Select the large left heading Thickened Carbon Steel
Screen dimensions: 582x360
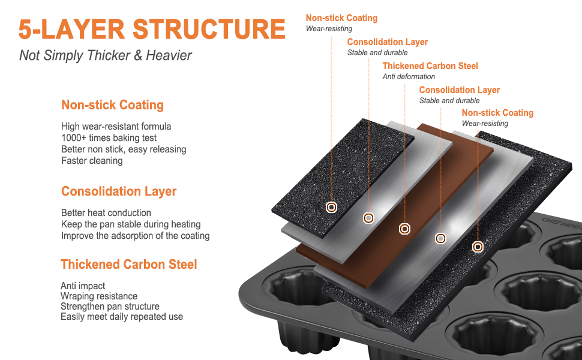coord(129,265)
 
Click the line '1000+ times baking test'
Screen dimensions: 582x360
coord(109,138)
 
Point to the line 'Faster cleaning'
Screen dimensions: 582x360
coord(92,161)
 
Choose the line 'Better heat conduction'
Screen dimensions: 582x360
coord(106,213)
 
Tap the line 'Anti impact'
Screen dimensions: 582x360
coord(83,286)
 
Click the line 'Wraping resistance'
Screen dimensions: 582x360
coord(99,296)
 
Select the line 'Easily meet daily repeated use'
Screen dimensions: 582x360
coord(122,317)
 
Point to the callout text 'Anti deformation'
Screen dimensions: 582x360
coord(409,77)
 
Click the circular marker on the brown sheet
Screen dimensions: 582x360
coord(405,229)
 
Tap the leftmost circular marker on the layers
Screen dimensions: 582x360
coord(331,207)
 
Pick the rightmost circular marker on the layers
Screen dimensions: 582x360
coord(478,247)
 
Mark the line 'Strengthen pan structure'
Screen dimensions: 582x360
coord(110,307)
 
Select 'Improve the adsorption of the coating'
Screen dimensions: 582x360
coord(136,236)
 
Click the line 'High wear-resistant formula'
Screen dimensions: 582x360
coord(116,127)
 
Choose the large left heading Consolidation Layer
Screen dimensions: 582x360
coord(119,192)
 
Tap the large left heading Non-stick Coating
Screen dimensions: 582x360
coord(112,106)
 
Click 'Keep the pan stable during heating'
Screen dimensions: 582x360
coord(131,224)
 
